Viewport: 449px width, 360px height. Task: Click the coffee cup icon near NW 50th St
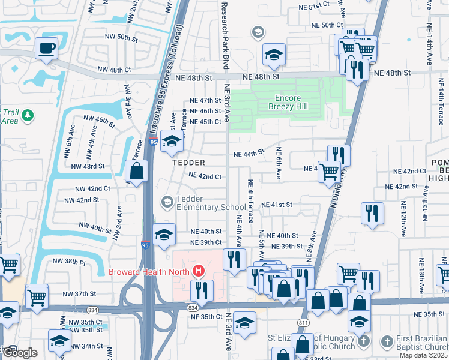click(x=46, y=49)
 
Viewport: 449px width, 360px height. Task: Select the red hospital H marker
click(x=199, y=271)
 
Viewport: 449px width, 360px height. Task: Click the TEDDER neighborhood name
click(x=189, y=163)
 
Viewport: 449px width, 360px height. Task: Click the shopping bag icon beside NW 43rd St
click(x=137, y=171)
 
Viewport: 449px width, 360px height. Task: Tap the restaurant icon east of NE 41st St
click(x=373, y=214)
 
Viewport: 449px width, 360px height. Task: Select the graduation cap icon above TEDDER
click(x=172, y=142)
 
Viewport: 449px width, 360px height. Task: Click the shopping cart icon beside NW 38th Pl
click(x=8, y=265)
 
